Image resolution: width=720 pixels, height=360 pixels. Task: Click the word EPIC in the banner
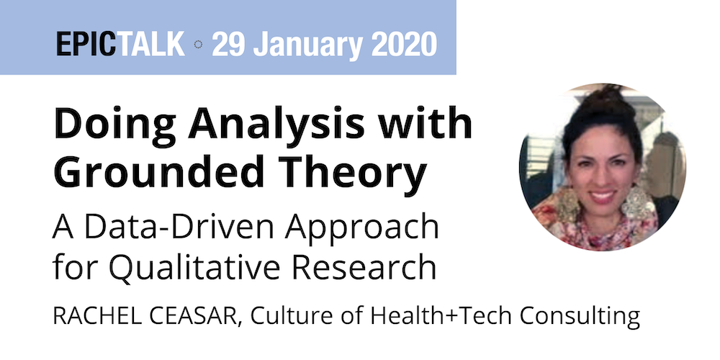[x=86, y=44]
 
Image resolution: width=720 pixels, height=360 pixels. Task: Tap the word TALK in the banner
[x=150, y=44]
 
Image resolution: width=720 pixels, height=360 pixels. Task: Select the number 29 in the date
[x=229, y=44]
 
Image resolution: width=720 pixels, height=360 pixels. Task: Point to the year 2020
[x=404, y=44]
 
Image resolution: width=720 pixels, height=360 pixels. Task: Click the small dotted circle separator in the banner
[x=199, y=45]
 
